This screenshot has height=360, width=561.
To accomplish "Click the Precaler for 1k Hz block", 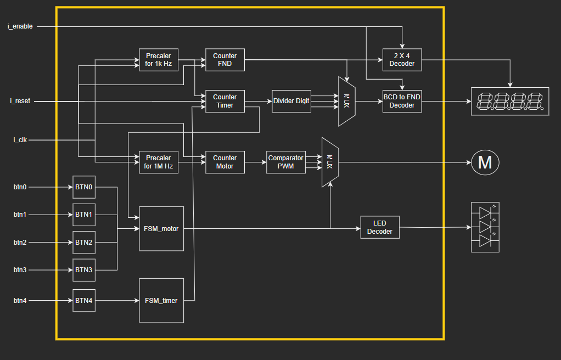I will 159,60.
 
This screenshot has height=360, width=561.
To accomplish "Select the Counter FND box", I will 225,60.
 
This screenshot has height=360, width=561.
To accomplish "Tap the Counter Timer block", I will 225,101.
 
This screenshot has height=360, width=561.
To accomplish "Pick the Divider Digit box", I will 291,101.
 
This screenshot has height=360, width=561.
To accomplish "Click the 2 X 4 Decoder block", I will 402,60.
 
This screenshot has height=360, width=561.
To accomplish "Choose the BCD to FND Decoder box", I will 402,101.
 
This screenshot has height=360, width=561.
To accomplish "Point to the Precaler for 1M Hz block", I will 159,162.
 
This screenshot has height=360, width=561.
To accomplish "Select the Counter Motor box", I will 225,162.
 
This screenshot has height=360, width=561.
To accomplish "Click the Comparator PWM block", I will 285,162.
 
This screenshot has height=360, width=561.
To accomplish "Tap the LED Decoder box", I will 380,227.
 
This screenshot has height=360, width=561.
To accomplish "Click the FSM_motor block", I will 161,228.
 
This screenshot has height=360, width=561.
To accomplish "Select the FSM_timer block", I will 161,300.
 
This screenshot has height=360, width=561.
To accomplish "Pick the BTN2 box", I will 84,242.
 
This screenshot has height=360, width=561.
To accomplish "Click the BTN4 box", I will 84,300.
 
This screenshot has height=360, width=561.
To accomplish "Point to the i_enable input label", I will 20,26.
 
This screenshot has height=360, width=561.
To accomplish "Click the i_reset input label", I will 20,101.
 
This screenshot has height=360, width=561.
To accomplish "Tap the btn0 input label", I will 20,187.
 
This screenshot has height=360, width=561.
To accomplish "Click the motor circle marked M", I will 485,162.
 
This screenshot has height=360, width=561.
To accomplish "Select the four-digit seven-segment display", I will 509,101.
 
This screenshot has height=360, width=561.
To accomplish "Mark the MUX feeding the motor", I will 330,162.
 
